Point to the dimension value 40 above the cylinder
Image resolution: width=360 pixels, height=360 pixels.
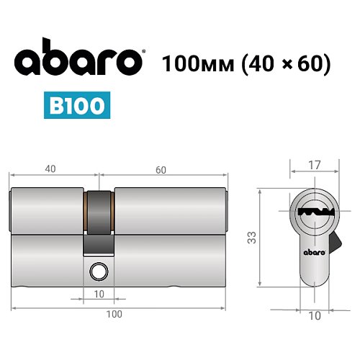point(50,169)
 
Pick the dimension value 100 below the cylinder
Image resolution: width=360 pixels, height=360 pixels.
point(114,313)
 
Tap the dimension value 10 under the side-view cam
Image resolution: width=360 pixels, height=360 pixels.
point(99,293)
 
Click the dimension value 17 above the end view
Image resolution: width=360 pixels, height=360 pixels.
point(313,165)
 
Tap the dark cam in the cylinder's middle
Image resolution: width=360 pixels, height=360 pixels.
point(99,223)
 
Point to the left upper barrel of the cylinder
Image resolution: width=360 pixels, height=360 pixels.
point(48,212)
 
